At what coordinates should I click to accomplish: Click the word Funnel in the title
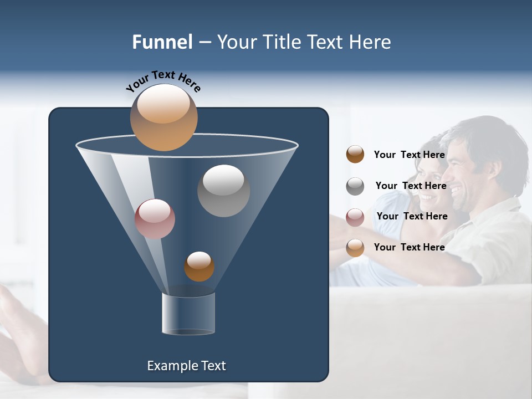162,42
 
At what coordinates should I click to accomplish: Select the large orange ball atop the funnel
163,117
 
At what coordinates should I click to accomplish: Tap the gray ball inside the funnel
223,191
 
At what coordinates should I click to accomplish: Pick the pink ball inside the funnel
155,219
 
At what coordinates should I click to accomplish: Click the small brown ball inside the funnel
199,267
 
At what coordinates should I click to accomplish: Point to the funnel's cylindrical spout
188,314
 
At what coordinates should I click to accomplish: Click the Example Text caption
186,366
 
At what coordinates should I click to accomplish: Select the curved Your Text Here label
163,81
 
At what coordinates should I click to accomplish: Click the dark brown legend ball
355,155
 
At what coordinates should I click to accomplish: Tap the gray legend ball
355,186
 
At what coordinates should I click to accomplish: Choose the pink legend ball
355,217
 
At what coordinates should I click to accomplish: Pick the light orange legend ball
355,248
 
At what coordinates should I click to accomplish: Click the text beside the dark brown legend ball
410,155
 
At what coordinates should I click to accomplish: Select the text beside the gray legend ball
411,186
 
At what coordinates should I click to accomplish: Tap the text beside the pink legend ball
412,216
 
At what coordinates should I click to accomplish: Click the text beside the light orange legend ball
410,247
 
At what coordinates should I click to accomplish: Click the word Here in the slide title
368,42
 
